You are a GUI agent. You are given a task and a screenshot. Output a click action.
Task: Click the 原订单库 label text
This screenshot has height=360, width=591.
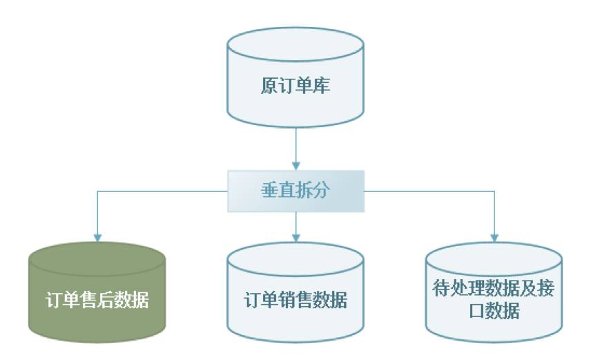pos(295,86)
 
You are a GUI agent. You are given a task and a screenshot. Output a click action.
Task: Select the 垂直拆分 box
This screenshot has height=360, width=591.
pos(295,191)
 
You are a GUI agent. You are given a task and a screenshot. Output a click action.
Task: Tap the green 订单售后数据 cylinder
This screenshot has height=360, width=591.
pos(97,294)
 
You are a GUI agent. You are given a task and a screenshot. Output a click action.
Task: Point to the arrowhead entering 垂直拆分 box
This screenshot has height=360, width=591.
pos(295,167)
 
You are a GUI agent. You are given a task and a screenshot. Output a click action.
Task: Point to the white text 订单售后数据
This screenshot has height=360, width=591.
pos(97,301)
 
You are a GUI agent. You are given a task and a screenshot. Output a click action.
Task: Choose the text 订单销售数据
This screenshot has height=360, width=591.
pos(295,301)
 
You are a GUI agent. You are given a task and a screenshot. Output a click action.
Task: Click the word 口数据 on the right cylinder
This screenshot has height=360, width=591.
pos(494,311)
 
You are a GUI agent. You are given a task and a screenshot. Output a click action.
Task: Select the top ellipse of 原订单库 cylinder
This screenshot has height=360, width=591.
pos(295,43)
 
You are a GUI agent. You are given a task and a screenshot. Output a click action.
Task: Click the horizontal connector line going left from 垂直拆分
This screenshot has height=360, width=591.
pos(162,191)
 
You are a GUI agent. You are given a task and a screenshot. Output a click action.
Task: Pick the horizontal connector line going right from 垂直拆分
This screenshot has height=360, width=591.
pos(428,191)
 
